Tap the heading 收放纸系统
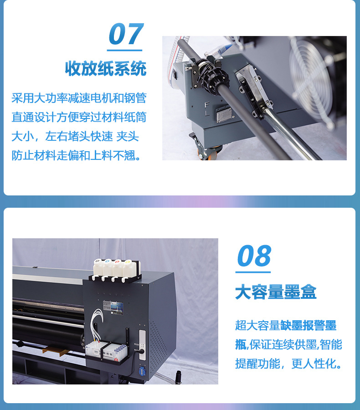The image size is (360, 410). coord(105,69)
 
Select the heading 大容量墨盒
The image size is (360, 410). coord(276,292)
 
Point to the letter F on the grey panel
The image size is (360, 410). coord(206,104)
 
